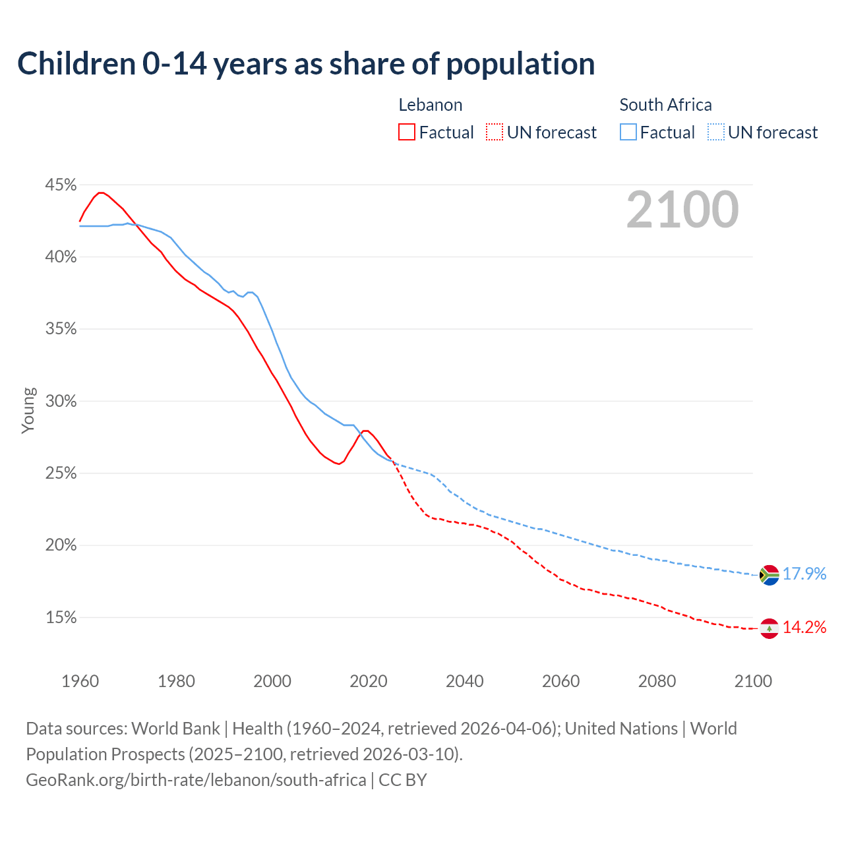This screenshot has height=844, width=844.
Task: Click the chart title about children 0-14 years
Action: [306, 64]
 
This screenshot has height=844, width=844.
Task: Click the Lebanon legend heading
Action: [430, 105]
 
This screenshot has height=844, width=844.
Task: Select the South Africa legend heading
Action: [665, 105]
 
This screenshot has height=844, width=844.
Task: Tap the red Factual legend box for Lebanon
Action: [407, 133]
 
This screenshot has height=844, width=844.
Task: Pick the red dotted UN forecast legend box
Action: [495, 133]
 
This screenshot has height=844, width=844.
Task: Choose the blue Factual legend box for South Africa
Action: [628, 133]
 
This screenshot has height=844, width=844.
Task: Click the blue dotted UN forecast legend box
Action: [715, 133]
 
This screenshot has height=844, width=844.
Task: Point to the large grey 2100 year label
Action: [682, 210]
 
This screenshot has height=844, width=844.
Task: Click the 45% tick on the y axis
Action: [61, 185]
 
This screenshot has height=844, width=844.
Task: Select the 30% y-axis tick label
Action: [61, 401]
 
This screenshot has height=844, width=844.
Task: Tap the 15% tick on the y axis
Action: [61, 618]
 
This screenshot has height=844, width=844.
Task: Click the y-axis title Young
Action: [28, 410]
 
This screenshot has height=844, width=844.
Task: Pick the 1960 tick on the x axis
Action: [80, 681]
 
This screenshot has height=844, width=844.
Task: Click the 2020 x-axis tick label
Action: [369, 681]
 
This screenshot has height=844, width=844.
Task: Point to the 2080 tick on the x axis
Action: [657, 681]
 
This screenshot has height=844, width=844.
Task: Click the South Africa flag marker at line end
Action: [769, 575]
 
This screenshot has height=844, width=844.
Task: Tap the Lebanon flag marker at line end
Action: [769, 628]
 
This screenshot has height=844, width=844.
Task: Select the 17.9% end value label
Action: [804, 574]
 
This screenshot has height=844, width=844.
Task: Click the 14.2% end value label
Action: [804, 627]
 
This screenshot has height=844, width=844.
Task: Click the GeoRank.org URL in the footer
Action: [196, 780]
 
